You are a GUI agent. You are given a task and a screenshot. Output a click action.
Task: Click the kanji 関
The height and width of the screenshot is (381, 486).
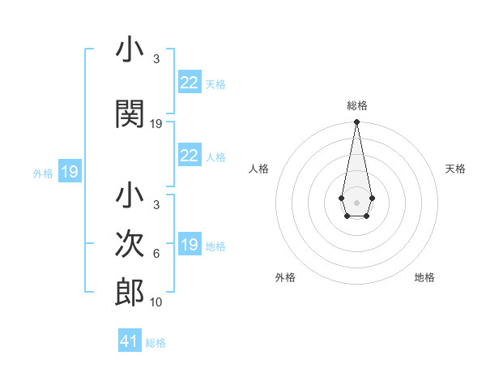(130, 114)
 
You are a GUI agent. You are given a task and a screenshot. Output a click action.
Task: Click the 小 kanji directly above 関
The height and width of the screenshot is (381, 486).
(130, 50)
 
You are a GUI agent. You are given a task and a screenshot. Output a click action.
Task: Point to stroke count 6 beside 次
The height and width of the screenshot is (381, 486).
(156, 254)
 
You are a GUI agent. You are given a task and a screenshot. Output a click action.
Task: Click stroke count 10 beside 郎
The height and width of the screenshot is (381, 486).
(156, 302)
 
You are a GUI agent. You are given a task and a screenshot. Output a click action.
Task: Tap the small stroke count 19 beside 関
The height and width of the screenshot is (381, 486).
(156, 124)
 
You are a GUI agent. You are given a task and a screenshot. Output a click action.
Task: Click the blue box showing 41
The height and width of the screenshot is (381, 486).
(130, 341)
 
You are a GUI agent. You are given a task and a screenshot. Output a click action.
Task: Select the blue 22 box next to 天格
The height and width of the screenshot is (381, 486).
(189, 83)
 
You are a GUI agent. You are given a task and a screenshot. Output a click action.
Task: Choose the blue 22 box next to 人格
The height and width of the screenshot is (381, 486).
(189, 156)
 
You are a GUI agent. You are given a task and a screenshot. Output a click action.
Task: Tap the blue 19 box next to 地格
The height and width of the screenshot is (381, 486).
(189, 245)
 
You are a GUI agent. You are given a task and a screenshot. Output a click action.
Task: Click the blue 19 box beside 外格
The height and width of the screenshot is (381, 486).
(69, 172)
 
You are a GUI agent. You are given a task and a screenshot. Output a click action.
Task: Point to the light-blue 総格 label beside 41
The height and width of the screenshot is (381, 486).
(156, 343)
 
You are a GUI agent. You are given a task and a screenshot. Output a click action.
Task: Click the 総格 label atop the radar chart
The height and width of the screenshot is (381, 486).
(356, 105)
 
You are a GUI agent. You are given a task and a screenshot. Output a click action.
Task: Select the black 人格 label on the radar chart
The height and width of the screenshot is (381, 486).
(259, 169)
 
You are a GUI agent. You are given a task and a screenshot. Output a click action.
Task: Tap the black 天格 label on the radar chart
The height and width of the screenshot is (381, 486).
(456, 169)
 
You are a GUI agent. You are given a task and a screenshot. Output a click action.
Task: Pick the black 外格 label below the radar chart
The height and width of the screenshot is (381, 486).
(285, 277)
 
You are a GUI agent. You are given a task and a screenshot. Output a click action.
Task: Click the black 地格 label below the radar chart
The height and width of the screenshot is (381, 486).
(424, 277)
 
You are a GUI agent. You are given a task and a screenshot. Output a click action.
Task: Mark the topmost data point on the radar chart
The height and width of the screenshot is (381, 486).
(356, 122)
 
